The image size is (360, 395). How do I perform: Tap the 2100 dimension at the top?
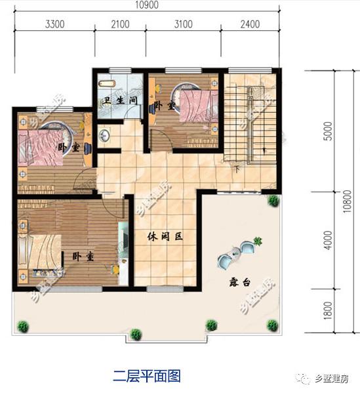[x=122, y=25]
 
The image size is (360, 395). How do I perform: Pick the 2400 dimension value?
[x=250, y=25]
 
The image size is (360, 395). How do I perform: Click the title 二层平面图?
[x=146, y=375]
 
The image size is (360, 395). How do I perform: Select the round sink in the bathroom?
[x=104, y=136]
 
